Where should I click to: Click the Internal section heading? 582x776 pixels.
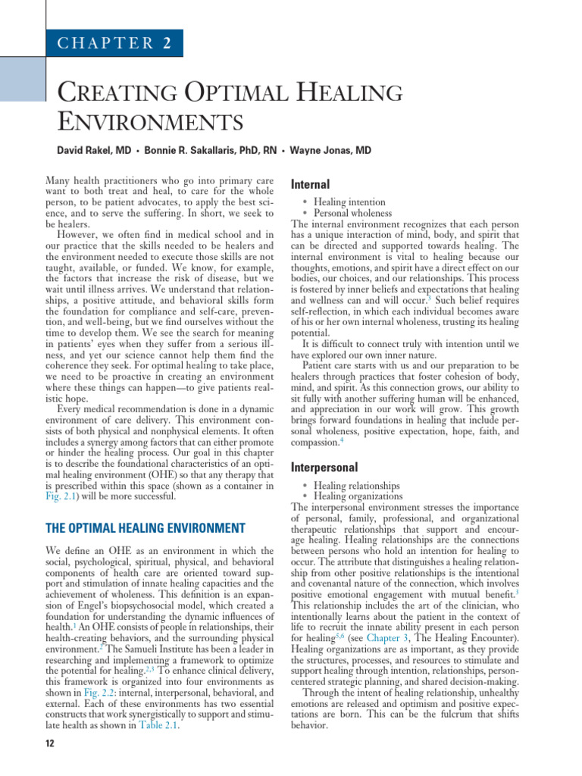pos(311,184)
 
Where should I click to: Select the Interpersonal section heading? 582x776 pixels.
pos(324,467)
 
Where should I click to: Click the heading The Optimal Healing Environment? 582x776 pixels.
pos(145,527)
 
